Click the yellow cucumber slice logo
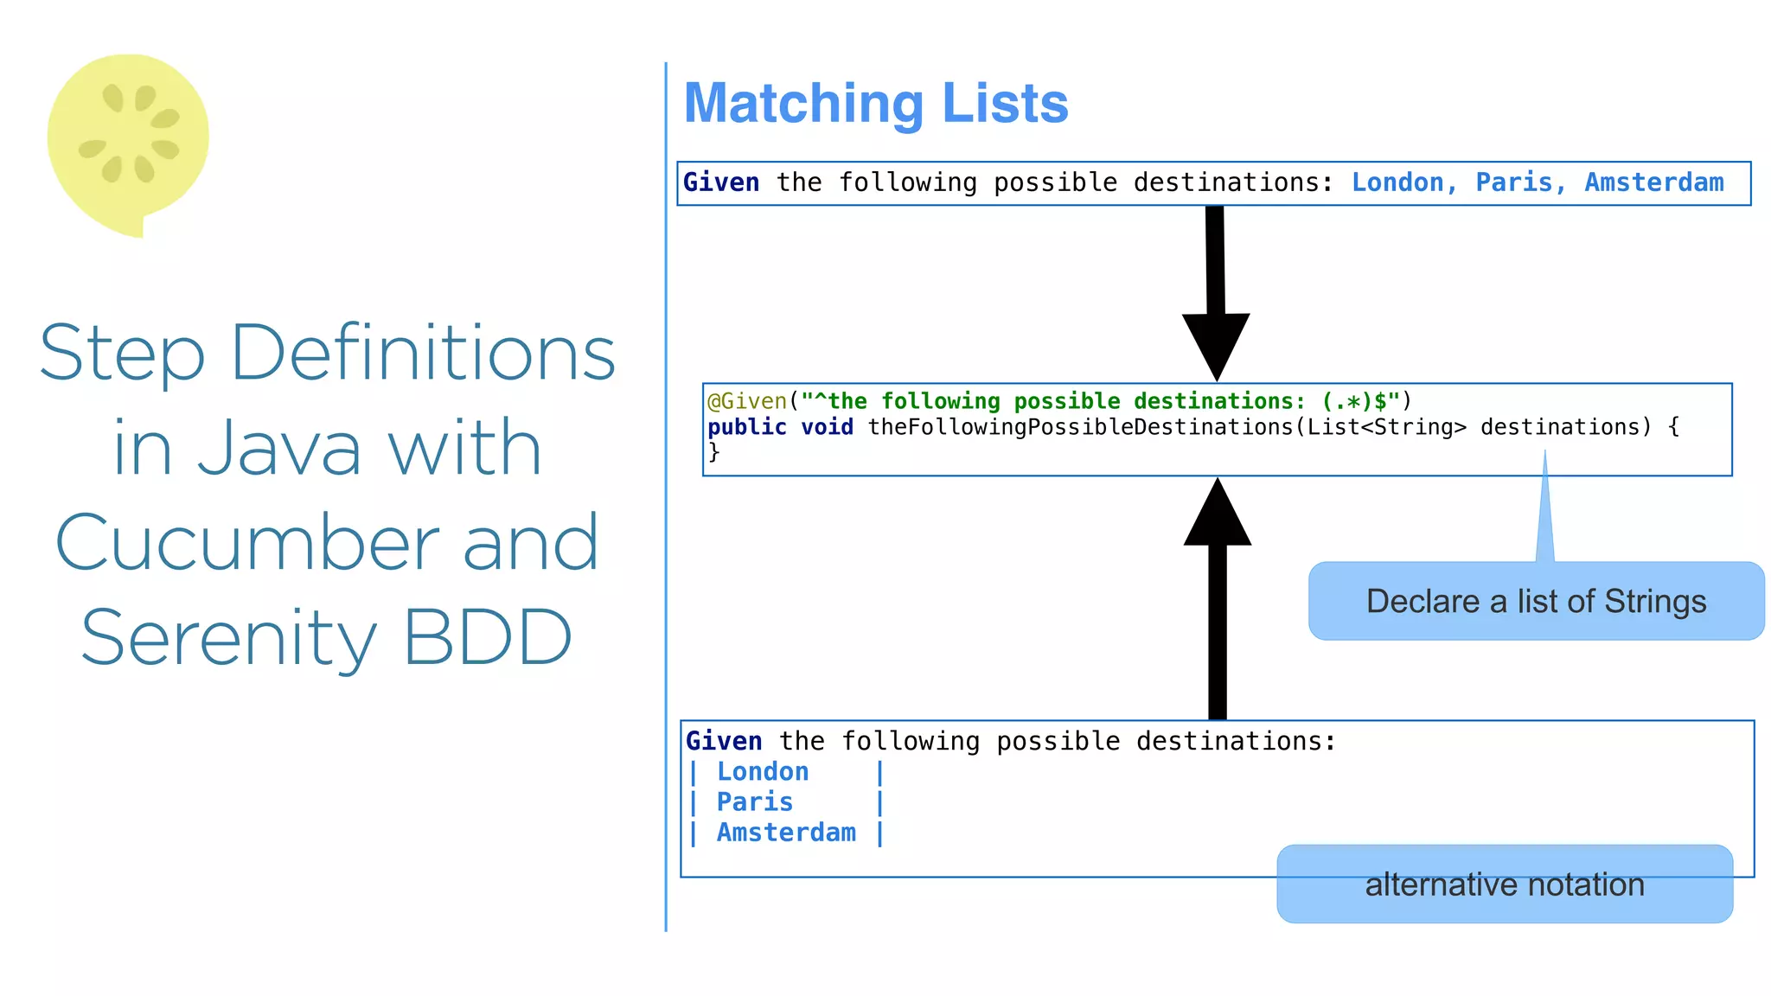coord(128,138)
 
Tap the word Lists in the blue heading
coord(1005,104)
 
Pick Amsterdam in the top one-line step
coord(1653,182)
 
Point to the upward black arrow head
coord(1217,515)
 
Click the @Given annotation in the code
coord(748,401)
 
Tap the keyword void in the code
coord(827,427)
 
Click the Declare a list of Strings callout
coord(1536,602)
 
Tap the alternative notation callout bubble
coord(1505,884)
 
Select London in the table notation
coord(763,771)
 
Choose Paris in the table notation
coord(754,801)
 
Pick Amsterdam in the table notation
coord(786,832)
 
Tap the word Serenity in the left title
coord(229,638)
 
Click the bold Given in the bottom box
coord(724,741)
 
